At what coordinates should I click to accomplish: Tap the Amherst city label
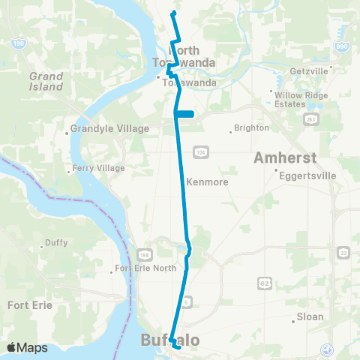coord(286,158)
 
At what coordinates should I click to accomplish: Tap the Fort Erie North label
coord(147,268)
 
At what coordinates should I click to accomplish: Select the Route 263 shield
coord(309,119)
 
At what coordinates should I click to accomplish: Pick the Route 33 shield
coord(342,252)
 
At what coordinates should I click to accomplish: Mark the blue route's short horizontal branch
coord(185,114)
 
